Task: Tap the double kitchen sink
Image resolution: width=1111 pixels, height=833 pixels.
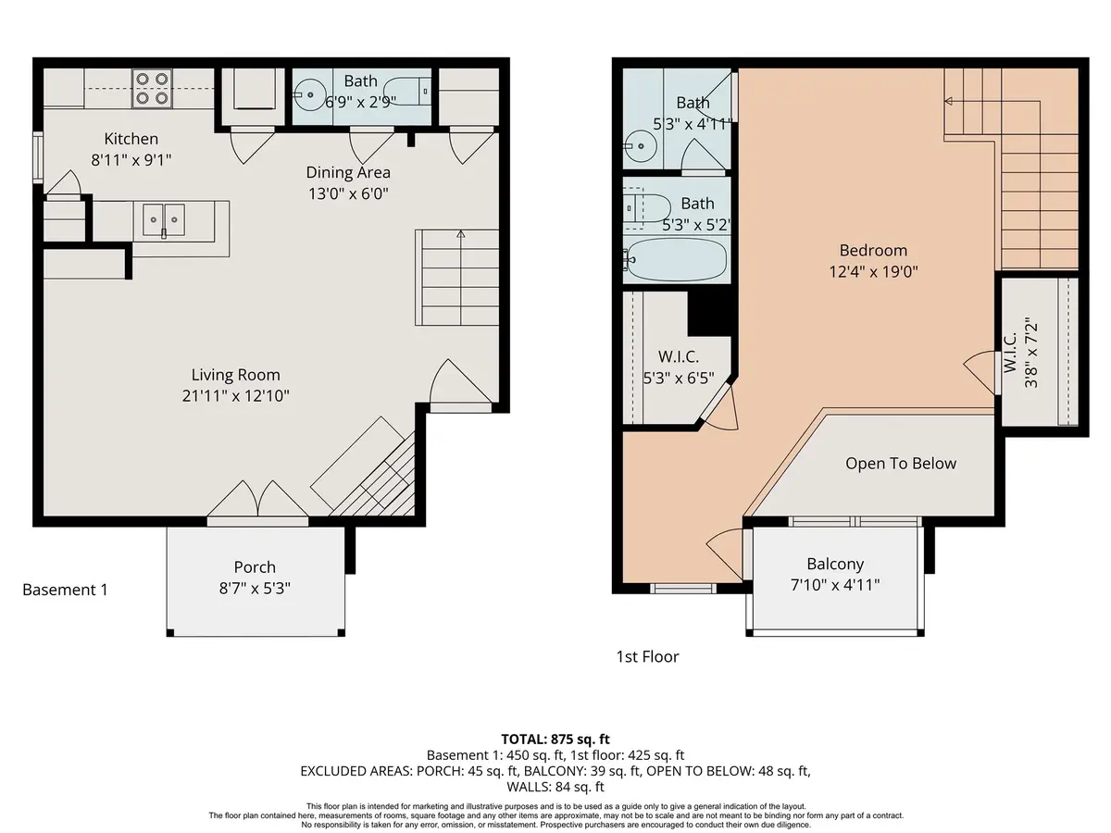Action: [x=164, y=218]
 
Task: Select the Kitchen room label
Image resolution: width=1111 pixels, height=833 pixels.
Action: [x=131, y=139]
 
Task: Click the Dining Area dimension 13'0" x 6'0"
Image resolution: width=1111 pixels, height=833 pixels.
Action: [x=348, y=193]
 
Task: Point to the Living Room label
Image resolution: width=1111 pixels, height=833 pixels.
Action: [x=235, y=375]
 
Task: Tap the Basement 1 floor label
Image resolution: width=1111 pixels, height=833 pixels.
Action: [x=65, y=590]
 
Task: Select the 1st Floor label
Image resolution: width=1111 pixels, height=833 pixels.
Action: [x=647, y=656]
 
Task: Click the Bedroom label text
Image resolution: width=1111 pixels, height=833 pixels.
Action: [x=873, y=250]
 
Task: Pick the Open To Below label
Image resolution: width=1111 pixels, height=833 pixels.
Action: [x=901, y=464]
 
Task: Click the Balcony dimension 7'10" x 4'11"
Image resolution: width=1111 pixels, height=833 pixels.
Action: [x=835, y=584]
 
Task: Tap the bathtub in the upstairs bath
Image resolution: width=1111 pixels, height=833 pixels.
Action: [x=677, y=261]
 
